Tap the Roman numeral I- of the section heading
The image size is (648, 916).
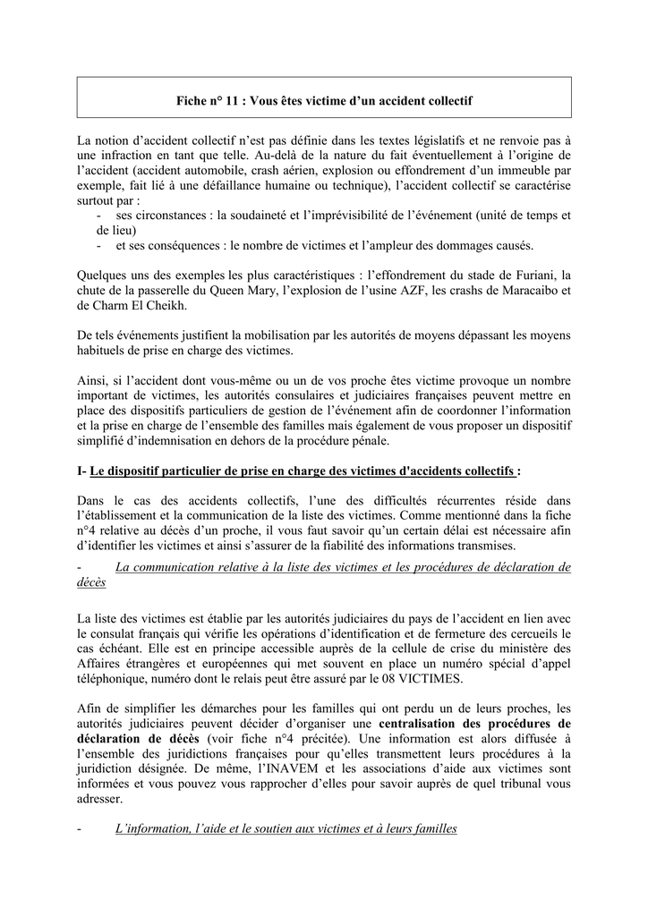click(83, 471)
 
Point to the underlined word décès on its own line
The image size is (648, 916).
click(91, 581)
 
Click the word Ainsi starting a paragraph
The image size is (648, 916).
click(94, 382)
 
